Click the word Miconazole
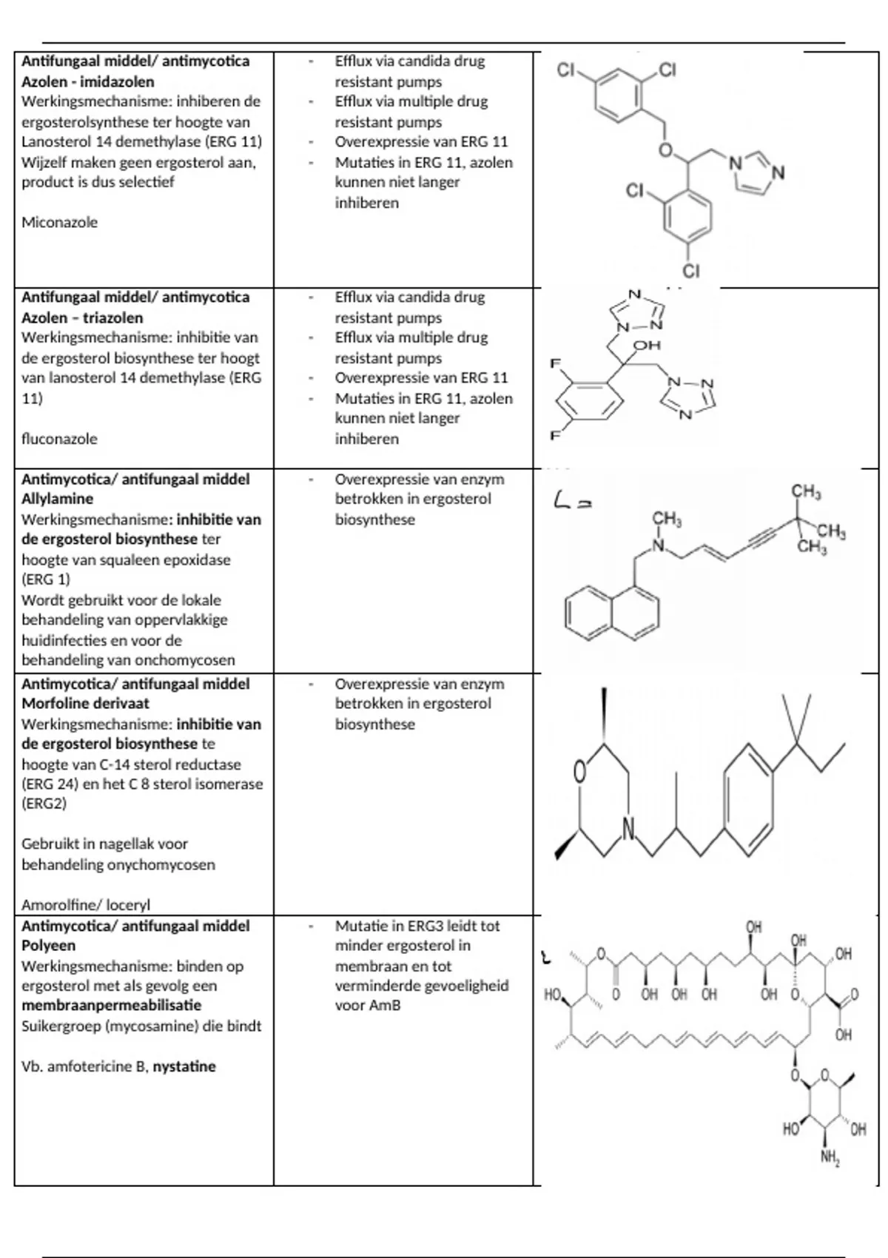59,222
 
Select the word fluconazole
59,439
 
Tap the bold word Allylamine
57,499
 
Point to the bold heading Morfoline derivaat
85,704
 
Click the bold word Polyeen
48,946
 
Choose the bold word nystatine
184,1066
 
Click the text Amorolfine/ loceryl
86,905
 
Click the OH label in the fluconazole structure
647,346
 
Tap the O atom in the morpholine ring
580,773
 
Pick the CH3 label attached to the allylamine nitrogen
667,519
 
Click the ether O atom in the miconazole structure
665,151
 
